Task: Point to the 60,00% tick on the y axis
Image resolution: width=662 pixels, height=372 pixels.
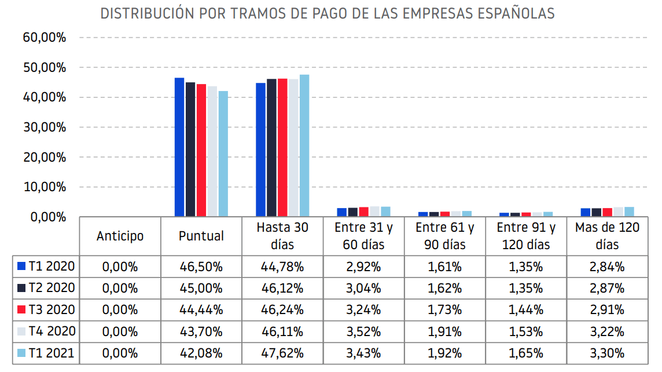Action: tap(45, 38)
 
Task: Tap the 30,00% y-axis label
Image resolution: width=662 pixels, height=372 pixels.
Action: tap(45, 127)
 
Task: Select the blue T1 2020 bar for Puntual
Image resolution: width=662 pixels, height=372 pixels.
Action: tap(179, 147)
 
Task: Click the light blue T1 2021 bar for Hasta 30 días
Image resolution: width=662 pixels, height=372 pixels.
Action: tap(304, 145)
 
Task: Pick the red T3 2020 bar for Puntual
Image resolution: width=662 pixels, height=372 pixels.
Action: tap(201, 150)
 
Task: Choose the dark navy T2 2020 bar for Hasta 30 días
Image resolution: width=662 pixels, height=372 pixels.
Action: tap(271, 148)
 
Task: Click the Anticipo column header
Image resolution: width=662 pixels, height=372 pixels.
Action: tap(120, 236)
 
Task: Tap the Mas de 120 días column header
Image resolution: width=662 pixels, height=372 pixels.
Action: tap(607, 236)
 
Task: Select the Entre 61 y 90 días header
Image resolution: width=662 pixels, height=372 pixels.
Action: tap(444, 236)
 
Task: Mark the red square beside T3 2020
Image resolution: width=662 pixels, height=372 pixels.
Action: tap(22, 310)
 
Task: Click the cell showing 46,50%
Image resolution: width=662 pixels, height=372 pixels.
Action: tap(201, 267)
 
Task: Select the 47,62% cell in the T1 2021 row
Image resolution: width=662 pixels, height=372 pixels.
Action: tap(282, 353)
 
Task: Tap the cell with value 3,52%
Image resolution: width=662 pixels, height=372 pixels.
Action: tap(363, 332)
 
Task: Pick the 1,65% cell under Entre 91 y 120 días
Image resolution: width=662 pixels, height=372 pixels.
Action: tap(525, 353)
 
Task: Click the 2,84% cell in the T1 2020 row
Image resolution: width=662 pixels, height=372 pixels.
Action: tap(607, 267)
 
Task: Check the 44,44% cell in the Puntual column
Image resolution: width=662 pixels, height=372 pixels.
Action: tap(201, 310)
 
